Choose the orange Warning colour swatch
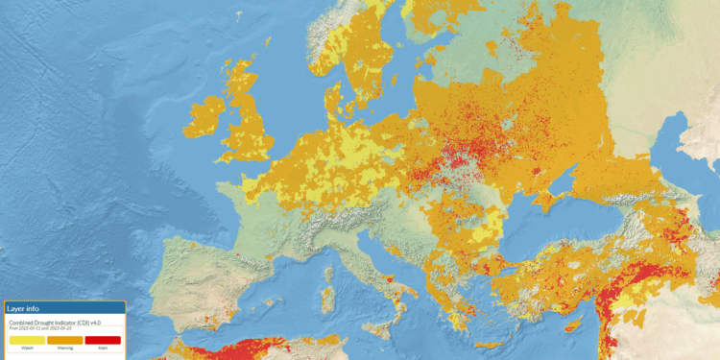click(x=64, y=340)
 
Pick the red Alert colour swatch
click(x=103, y=340)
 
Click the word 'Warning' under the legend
click(x=64, y=348)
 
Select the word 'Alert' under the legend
click(x=103, y=348)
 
